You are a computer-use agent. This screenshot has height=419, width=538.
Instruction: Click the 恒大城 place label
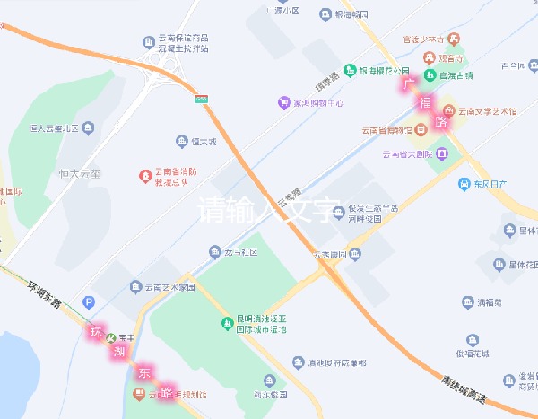(x=205, y=142)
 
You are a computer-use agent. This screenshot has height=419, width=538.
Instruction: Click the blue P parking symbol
(x=88, y=302)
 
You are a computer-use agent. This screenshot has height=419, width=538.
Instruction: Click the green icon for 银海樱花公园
(x=349, y=70)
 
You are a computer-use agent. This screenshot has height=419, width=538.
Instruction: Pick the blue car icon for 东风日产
(x=464, y=185)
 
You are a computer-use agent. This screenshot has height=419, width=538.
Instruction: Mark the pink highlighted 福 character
(x=424, y=102)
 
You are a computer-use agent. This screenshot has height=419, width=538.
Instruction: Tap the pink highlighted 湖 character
(x=118, y=351)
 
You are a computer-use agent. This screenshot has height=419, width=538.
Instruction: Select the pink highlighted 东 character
(x=143, y=371)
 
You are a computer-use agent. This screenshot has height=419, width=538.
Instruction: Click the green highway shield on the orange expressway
(x=202, y=95)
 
